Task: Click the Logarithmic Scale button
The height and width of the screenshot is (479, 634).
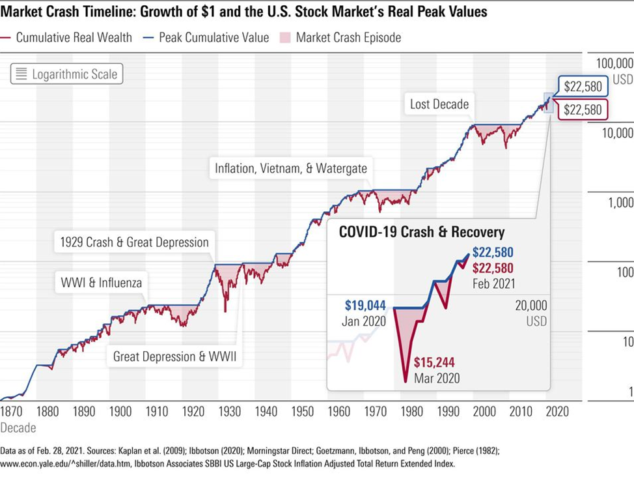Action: tap(66, 74)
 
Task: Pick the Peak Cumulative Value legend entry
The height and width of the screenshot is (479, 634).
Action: tap(214, 37)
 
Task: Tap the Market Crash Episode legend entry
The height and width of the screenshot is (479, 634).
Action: tap(348, 37)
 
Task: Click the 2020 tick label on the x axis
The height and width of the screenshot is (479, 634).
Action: tap(557, 412)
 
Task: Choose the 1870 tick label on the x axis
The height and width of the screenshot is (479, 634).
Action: tap(12, 412)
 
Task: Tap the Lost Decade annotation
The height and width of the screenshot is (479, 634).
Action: tap(439, 104)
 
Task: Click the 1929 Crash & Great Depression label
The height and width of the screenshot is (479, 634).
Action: tap(134, 242)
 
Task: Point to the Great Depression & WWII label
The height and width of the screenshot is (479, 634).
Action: tap(174, 356)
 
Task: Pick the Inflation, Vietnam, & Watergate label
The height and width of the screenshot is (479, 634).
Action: tap(291, 169)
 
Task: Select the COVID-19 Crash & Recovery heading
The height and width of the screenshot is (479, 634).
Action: tap(422, 233)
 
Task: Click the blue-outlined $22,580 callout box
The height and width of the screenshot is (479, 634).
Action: tap(583, 87)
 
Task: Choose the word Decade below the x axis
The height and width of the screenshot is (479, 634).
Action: tap(18, 428)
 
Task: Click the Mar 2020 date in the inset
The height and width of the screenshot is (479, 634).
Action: tap(438, 378)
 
